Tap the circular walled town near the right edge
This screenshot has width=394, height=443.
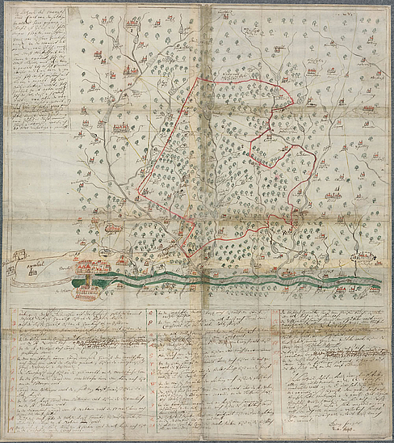[366, 258]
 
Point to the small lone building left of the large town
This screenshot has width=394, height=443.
[34, 272]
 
